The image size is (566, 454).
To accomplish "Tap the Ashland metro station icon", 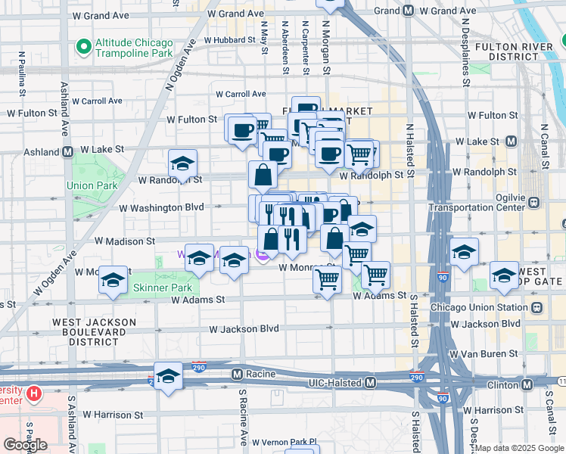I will (67, 151).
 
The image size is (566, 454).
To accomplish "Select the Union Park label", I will (92, 185).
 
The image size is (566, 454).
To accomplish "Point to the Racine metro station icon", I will (237, 374).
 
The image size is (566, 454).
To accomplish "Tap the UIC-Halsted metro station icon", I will (370, 384).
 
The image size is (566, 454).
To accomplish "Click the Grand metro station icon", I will (408, 11).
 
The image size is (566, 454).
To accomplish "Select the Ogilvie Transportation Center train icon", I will (534, 202).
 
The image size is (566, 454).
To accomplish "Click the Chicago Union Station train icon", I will (536, 308).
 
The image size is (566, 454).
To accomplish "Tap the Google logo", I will (25, 445).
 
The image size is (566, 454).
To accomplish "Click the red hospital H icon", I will (33, 393).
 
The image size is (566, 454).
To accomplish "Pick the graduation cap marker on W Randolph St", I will (182, 164).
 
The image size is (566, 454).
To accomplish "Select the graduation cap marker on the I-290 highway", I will (168, 377).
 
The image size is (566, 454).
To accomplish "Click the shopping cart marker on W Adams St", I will (327, 281).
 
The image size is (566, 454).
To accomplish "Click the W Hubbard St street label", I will (232, 39).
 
